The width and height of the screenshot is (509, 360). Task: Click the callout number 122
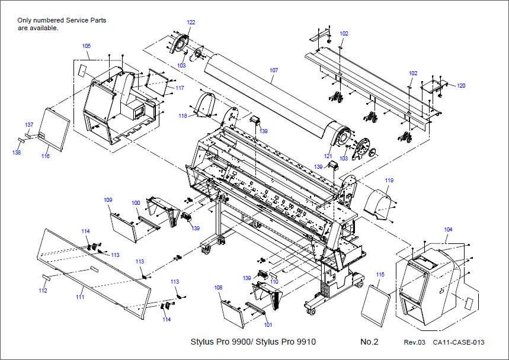[191, 22]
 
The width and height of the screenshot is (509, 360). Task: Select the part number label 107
[273, 70]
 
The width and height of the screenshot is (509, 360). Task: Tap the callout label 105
[87, 46]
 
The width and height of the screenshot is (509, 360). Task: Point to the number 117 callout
[180, 88]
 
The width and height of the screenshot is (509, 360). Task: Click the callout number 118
[183, 116]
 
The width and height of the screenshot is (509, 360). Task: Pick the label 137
[28, 125]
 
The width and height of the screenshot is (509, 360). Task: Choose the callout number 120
[460, 86]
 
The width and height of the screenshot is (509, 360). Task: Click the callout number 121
[327, 156]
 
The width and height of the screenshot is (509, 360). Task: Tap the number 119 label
[389, 180]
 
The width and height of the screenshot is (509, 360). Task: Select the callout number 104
[448, 229]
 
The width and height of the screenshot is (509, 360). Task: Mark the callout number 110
[274, 282]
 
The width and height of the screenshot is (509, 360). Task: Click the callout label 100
[136, 203]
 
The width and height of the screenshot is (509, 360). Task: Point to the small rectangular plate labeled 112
[46, 277]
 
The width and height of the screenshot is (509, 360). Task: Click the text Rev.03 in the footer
[415, 343]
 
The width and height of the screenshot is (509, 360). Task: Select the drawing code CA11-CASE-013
[459, 343]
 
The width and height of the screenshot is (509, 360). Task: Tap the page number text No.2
[369, 342]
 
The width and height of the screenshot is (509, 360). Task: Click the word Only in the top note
[24, 20]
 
